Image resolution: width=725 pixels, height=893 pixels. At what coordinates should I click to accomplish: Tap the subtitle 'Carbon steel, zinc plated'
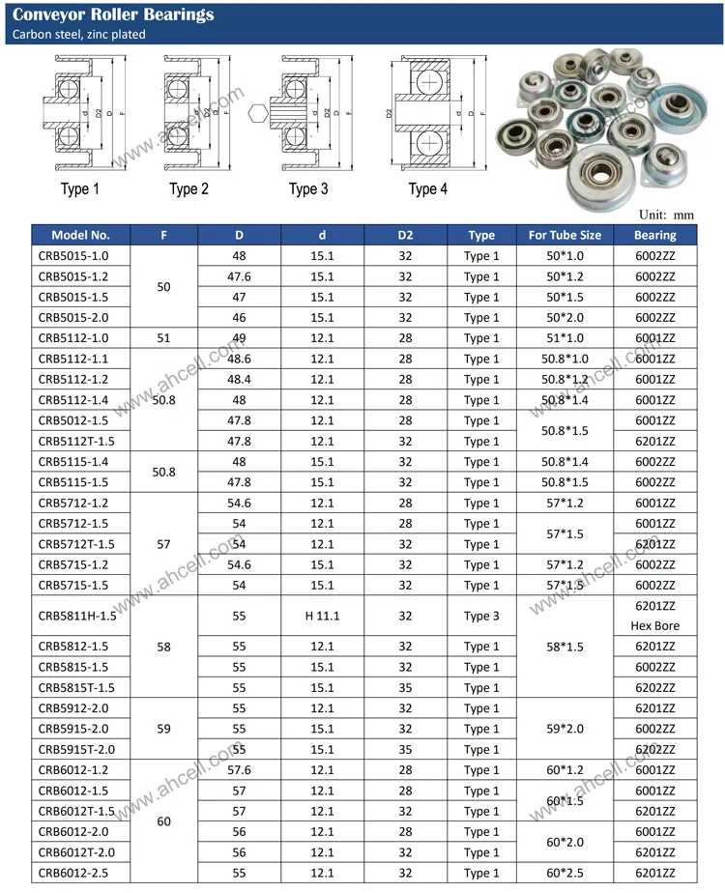coord(79,35)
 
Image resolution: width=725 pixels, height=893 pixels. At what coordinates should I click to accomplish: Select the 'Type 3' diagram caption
coord(308,188)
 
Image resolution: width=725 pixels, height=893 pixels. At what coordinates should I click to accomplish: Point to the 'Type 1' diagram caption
coord(79,188)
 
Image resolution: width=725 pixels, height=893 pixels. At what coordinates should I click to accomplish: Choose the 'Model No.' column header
coord(81,235)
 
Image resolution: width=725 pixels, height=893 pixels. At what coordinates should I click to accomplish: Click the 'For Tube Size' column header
coord(565,235)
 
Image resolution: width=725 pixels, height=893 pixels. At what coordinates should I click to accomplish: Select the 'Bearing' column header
coord(655,235)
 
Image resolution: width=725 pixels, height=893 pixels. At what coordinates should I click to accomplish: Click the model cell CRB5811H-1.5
coord(77,616)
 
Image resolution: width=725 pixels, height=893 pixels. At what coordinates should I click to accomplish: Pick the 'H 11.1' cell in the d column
coord(322,616)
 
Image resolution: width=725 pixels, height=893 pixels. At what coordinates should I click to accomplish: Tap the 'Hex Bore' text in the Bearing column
coord(655,625)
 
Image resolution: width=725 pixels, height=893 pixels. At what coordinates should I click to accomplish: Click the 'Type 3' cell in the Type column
coord(481,616)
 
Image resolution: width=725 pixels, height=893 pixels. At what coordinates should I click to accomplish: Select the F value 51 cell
coord(163,338)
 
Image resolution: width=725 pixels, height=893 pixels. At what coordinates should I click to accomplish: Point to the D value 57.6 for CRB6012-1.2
coord(239,770)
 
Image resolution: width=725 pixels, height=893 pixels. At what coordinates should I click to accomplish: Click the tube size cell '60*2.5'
coord(565,874)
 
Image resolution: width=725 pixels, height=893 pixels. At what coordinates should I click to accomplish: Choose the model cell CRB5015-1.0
coord(73,256)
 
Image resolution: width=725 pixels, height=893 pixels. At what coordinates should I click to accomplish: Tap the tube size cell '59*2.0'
coord(565,729)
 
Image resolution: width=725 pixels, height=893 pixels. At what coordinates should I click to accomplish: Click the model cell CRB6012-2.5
coord(73,874)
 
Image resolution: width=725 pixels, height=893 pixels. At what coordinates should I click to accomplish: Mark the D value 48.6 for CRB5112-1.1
coord(239,359)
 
